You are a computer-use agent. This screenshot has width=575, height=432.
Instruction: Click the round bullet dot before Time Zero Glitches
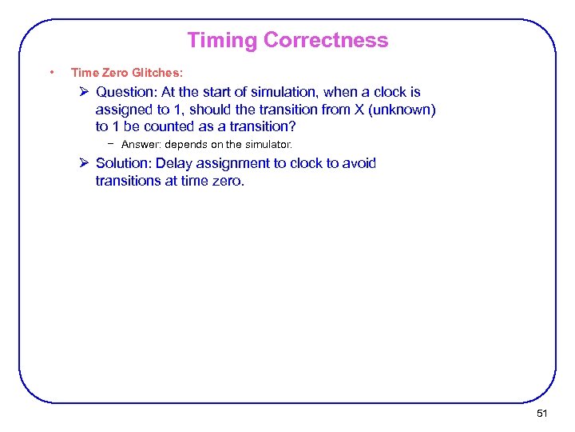tap(51, 73)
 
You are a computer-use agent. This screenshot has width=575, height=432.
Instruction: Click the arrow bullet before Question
tap(85, 92)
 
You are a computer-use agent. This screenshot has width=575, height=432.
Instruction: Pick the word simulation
tap(279, 92)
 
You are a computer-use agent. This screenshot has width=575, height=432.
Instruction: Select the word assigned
tap(124, 110)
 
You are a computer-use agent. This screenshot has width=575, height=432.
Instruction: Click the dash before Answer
tap(113, 144)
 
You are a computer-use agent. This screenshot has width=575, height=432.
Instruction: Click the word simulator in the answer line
tap(265, 145)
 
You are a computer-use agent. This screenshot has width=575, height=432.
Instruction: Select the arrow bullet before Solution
tap(85, 163)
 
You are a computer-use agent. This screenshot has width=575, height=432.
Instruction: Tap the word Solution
tap(123, 163)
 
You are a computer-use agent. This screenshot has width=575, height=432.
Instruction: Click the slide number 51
tap(542, 413)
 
